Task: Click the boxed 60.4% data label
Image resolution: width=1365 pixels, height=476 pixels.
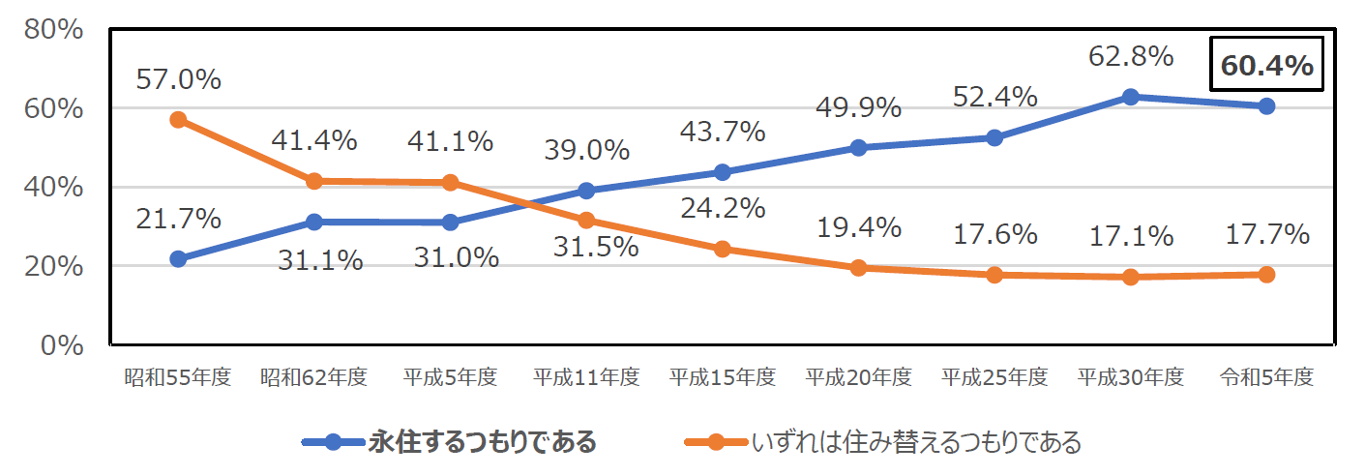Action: click(x=1266, y=66)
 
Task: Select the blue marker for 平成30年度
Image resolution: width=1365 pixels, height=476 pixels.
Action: click(x=1130, y=97)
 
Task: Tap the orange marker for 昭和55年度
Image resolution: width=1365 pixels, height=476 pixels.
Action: click(x=178, y=120)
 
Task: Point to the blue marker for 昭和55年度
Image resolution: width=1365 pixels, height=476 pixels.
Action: click(x=178, y=259)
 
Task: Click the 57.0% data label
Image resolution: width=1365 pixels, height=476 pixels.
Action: click(x=178, y=79)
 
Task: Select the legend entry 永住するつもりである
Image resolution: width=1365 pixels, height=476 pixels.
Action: click(x=482, y=443)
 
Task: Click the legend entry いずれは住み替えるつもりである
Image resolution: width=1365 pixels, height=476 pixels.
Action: click(x=915, y=443)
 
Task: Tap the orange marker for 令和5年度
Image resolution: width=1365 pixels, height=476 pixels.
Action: click(x=1266, y=275)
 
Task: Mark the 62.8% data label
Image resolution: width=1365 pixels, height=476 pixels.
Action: click(x=1130, y=56)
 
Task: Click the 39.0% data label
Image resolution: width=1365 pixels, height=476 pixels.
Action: click(x=586, y=151)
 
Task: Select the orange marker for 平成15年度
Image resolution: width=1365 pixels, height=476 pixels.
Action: click(x=722, y=249)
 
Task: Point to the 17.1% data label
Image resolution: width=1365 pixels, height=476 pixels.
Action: click(x=1130, y=235)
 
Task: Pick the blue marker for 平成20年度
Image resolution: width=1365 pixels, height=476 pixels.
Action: click(x=858, y=148)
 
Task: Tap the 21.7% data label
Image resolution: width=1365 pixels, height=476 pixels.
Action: click(x=178, y=220)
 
